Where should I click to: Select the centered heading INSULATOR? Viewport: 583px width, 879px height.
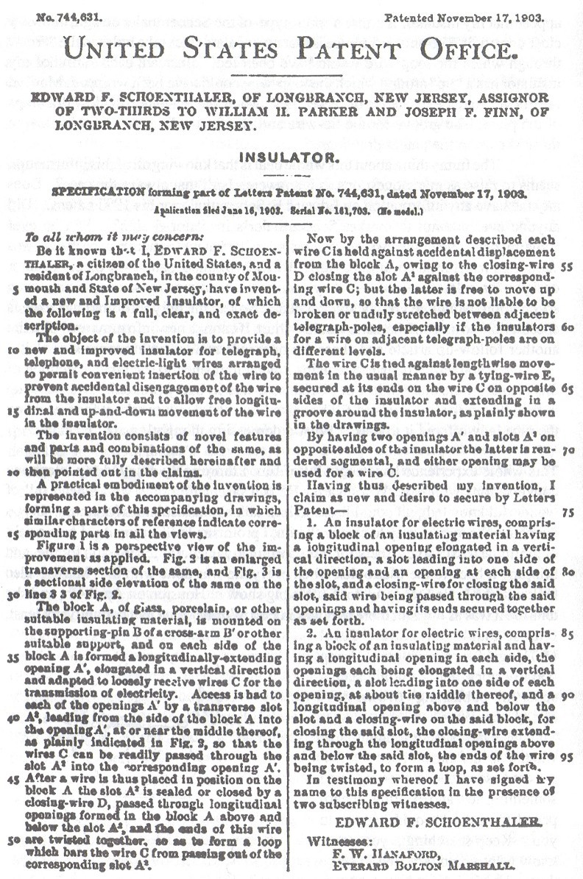291,157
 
